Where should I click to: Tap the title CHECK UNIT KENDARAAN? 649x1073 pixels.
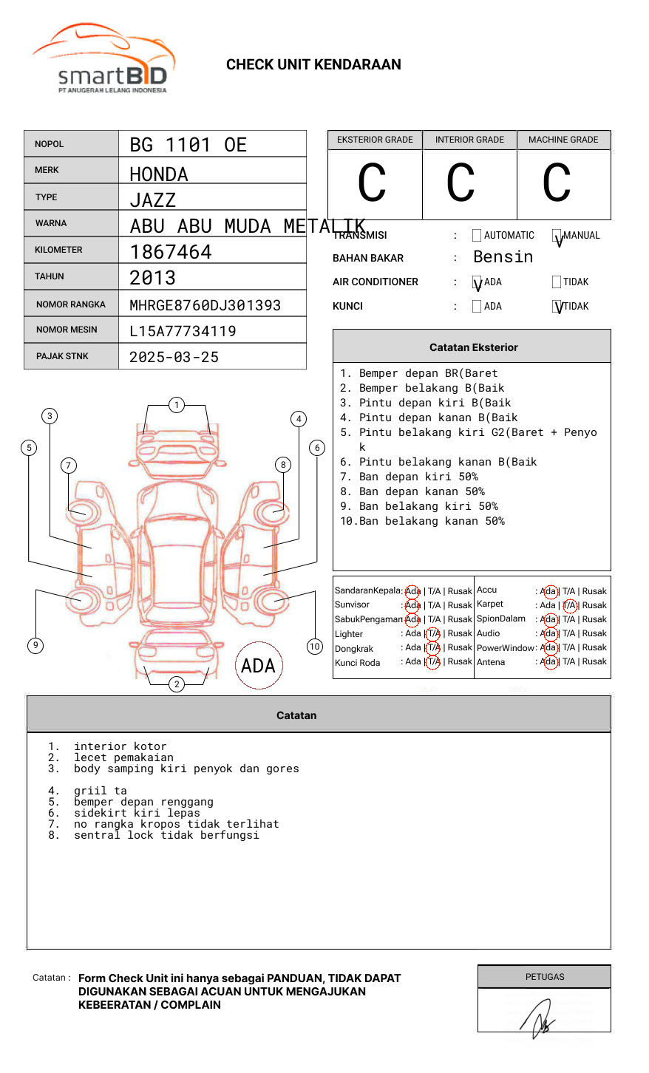pos(313,65)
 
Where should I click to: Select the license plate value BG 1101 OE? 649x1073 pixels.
pos(188,145)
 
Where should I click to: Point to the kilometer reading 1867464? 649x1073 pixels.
pos(171,252)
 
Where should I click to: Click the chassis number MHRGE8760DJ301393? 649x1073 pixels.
pos(205,305)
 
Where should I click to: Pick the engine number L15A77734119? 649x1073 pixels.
pos(183,331)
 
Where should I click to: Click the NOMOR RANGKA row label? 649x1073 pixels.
pos(71,304)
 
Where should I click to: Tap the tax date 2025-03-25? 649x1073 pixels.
pos(174,358)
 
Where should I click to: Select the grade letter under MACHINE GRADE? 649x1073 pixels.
pos(557,183)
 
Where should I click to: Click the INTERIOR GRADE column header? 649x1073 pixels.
pos(469,140)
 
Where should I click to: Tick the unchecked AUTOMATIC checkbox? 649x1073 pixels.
pos(477,236)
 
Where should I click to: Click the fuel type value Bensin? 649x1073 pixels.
pos(503,257)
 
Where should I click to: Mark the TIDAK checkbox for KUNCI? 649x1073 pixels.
pos(557,307)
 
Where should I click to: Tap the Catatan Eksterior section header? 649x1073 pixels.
pos(473,347)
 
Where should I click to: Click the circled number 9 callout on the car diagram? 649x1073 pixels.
pos(35,645)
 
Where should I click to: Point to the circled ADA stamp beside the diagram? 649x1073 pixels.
pos(258,666)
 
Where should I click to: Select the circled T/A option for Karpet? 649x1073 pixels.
pos(569,605)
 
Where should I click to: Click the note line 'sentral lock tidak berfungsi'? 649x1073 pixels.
pos(166,836)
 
